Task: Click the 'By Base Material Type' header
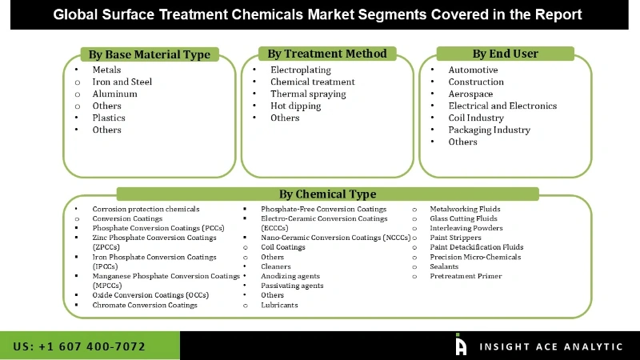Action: [x=149, y=54]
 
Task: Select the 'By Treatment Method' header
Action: [x=326, y=54]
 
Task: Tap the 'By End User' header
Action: [x=505, y=54]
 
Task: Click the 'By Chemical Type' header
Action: [x=327, y=194]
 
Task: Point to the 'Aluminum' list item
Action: [x=114, y=94]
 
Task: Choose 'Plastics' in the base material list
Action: [x=109, y=118]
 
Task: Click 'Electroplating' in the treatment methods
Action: [x=300, y=70]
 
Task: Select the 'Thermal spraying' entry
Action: [x=308, y=94]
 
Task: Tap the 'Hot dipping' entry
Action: [x=296, y=106]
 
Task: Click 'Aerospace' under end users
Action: [x=470, y=94]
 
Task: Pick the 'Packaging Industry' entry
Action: [x=489, y=130]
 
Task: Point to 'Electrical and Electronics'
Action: [x=502, y=106]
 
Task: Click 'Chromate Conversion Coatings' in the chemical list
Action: [x=145, y=305]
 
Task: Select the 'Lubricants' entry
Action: [x=279, y=305]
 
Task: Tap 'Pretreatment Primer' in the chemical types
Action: [x=466, y=276]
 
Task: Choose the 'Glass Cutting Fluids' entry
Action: [x=463, y=218]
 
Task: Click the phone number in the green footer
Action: [x=79, y=346]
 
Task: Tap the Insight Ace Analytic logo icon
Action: [x=461, y=345]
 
